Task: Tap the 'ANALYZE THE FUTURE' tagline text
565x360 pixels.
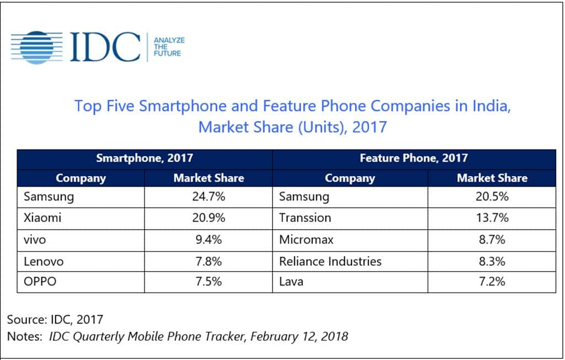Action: pyautogui.click(x=169, y=47)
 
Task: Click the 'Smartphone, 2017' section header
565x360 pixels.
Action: pyautogui.click(x=145, y=158)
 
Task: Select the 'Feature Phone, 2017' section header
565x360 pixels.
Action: pyautogui.click(x=413, y=158)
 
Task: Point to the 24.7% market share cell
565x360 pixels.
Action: pyautogui.click(x=208, y=197)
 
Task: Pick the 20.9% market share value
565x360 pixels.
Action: pyautogui.click(x=208, y=218)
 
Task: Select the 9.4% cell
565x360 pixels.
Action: pyautogui.click(x=208, y=239)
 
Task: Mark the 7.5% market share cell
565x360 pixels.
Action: pyautogui.click(x=208, y=282)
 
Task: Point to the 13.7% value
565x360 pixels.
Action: pyautogui.click(x=491, y=218)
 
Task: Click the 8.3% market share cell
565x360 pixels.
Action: pyautogui.click(x=491, y=261)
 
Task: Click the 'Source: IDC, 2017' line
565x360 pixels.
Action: pyautogui.click(x=55, y=319)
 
